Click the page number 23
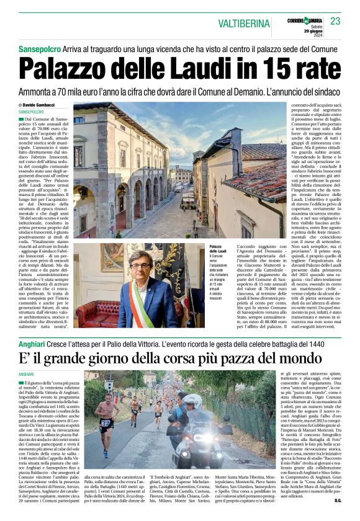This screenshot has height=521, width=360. coord(335,21)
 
